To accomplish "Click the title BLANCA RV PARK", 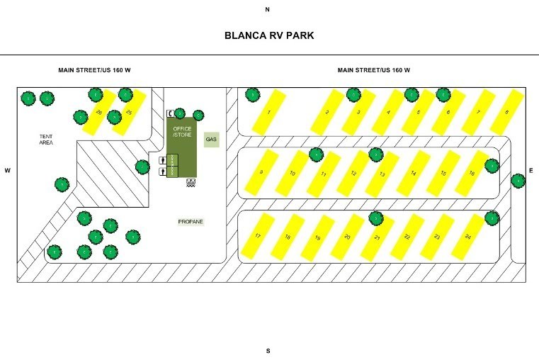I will click(268, 35).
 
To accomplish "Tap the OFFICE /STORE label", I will click(183, 132).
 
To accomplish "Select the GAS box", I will click(211, 140).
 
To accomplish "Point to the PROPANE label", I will click(191, 222).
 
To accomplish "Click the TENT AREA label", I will click(47, 140).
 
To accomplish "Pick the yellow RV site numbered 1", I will click(269, 113).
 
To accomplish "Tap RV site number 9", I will click(261, 173).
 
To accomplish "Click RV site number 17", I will click(259, 236).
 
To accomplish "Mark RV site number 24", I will click(468, 236).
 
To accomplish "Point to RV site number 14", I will click(413, 173).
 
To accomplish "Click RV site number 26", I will click(99, 113).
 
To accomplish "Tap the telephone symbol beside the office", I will click(171, 113).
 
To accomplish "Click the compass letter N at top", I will click(268, 10).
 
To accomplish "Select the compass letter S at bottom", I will click(268, 351).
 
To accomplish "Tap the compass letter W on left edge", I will click(8, 171).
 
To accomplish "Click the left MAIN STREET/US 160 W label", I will click(93, 70).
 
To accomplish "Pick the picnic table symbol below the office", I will click(190, 182).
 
